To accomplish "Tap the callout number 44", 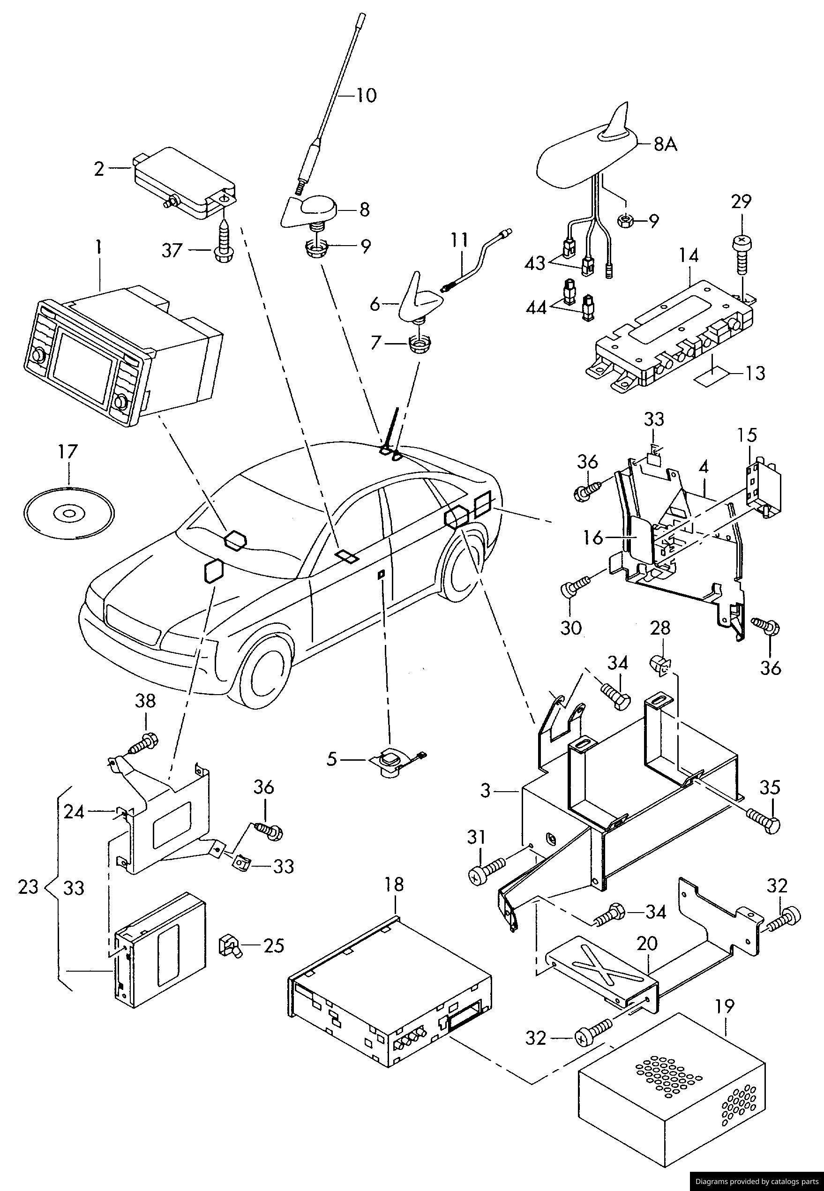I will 536,308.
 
